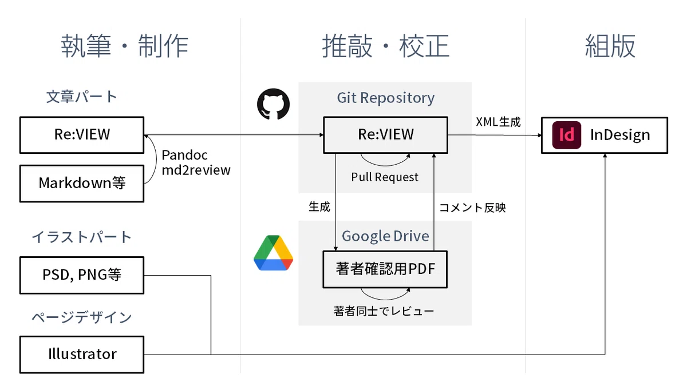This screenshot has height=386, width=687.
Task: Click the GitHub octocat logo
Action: pos(273,104)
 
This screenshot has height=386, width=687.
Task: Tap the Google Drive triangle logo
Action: pos(273,253)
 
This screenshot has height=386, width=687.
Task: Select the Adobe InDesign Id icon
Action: pos(566,135)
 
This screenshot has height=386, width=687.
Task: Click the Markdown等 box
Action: pos(82,184)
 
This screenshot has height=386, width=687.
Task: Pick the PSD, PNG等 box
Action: pos(82,275)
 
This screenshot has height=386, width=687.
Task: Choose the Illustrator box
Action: pos(82,355)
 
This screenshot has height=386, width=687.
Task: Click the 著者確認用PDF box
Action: pos(385,269)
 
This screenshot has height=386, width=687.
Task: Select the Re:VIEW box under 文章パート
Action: pos(82,135)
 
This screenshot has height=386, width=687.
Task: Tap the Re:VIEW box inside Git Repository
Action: pos(385,135)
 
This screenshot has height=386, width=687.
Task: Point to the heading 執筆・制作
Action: pos(125,46)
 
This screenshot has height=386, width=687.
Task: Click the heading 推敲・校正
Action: pos(385,46)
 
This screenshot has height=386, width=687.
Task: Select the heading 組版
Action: pos(610,46)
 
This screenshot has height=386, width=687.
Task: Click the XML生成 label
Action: pos(498,122)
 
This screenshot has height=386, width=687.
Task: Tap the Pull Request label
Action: pos(385,177)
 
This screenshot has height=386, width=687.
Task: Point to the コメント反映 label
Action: pos(472,208)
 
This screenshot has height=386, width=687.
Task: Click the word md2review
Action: pos(196,170)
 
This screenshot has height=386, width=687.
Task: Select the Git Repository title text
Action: pos(385,98)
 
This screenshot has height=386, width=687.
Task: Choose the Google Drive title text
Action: pos(385,236)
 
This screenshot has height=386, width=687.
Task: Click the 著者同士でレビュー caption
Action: pos(384,311)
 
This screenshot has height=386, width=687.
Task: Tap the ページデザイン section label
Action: pos(81,317)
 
